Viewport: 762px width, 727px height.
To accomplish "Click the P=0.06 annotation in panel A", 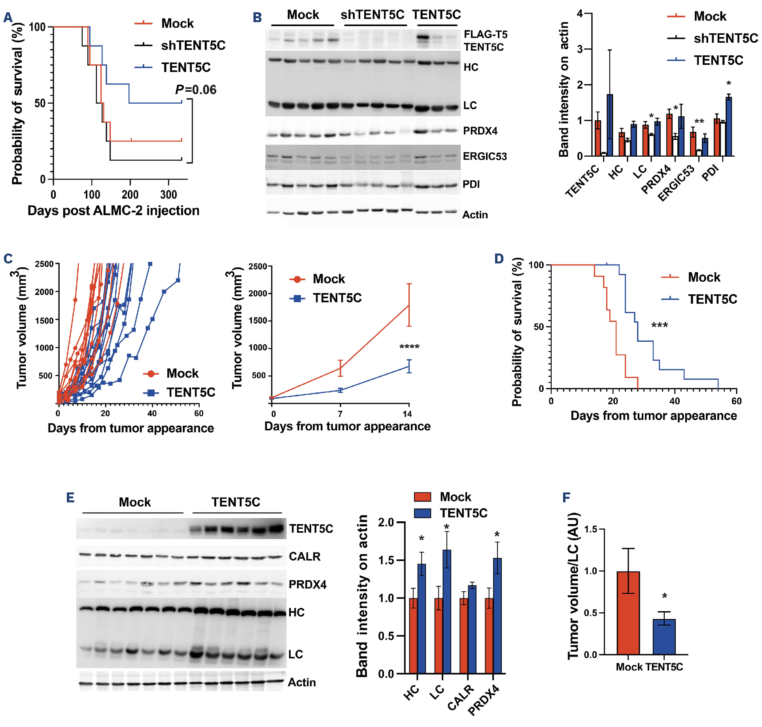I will click(x=196, y=90).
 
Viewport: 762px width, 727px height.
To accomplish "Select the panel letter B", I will click(x=257, y=18).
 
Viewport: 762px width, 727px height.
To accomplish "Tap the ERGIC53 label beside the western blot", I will click(x=485, y=157).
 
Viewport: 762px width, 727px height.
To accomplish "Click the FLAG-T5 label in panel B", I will click(x=485, y=34).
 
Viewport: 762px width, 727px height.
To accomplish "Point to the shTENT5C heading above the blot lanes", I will click(x=372, y=15).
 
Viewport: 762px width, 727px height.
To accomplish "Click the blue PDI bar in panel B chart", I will click(x=728, y=126).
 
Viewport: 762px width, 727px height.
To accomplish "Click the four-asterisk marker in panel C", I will click(x=409, y=347).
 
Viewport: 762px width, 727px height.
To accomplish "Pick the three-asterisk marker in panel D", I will click(x=660, y=326).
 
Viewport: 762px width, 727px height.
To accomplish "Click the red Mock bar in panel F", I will click(x=628, y=613).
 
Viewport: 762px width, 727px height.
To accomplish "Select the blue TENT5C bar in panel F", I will click(x=664, y=636).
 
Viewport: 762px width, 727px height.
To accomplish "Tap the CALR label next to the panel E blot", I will click(x=304, y=557).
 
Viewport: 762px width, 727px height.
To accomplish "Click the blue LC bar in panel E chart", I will click(x=447, y=611).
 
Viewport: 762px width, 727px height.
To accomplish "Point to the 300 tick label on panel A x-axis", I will click(x=168, y=195).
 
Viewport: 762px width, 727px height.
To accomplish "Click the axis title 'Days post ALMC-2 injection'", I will click(x=113, y=211).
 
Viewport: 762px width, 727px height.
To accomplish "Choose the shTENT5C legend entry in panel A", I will click(x=193, y=45).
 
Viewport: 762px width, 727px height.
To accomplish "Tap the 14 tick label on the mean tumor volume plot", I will click(x=407, y=414).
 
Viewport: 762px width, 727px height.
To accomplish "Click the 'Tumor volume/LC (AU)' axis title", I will click(x=574, y=585).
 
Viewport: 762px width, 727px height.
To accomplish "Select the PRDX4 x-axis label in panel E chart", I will click(x=484, y=701).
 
